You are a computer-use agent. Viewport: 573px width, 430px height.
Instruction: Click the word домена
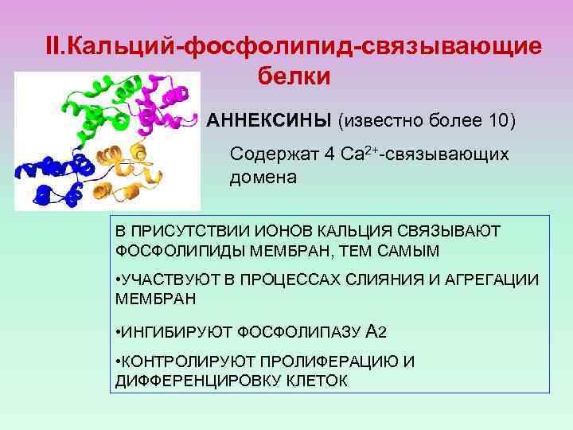click(x=263, y=177)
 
